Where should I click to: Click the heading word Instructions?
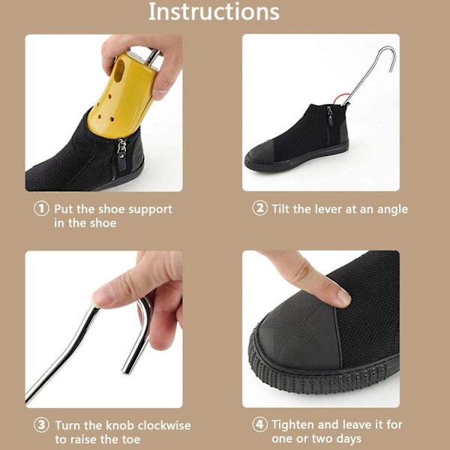point(214,12)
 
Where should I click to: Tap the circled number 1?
point(41,208)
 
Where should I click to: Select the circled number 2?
point(260,208)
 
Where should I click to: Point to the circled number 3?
point(41,425)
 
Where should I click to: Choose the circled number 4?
point(260,424)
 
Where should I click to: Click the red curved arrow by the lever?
point(340,97)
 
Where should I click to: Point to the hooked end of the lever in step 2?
point(391,58)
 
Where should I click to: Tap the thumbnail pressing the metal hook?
point(100,298)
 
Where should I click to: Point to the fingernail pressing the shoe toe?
point(343,298)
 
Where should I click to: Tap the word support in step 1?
point(151,210)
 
